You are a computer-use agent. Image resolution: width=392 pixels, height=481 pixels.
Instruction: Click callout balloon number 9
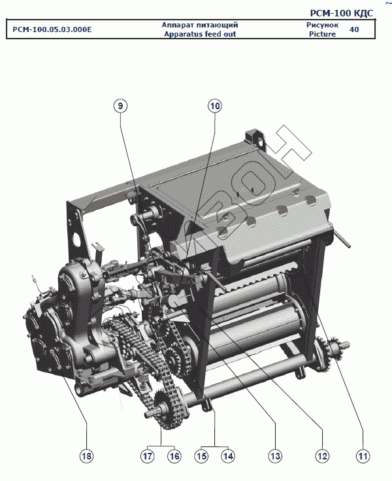tap(120, 106)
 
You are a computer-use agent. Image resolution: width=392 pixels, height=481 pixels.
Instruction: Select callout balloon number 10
tap(215, 106)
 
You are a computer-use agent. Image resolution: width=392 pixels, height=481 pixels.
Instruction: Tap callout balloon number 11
tap(363, 456)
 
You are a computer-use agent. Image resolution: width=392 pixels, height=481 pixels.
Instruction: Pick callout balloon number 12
tap(322, 456)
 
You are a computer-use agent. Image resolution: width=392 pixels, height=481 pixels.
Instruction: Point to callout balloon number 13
tap(275, 456)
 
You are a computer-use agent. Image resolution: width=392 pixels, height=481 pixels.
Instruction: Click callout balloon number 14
tap(228, 456)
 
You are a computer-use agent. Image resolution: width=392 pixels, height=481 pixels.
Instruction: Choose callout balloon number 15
tap(201, 456)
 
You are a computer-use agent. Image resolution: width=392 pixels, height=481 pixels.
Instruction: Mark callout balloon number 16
tap(174, 456)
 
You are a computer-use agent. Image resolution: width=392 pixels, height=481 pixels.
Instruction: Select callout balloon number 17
tap(148, 456)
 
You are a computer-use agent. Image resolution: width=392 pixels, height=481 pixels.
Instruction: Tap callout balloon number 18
tap(86, 456)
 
